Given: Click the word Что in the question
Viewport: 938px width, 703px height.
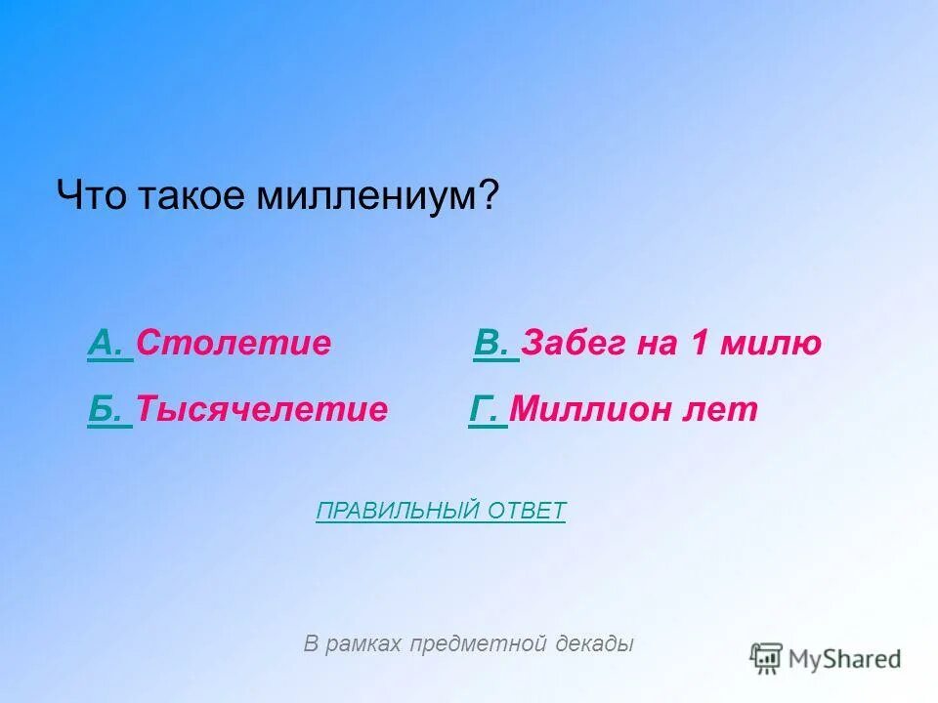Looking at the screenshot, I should pyautogui.click(x=89, y=196).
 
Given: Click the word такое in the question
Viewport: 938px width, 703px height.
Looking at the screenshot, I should pyautogui.click(x=188, y=196).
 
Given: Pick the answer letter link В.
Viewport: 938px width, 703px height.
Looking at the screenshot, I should pyautogui.click(x=493, y=344).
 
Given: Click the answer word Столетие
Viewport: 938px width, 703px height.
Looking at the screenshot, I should pyautogui.click(x=234, y=344).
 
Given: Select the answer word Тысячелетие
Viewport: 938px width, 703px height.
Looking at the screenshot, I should pyautogui.click(x=262, y=410).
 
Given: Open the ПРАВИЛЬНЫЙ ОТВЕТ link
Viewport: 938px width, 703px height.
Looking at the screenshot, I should pyautogui.click(x=441, y=511).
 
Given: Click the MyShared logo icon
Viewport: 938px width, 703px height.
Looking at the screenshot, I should pyautogui.click(x=767, y=659).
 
